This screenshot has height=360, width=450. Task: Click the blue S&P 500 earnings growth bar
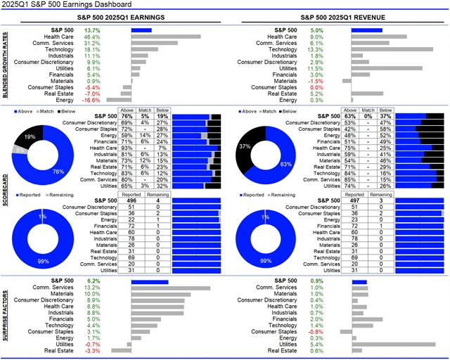[141, 30]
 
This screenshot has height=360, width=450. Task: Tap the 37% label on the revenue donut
[243, 146]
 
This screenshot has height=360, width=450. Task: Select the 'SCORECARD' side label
[6, 191]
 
